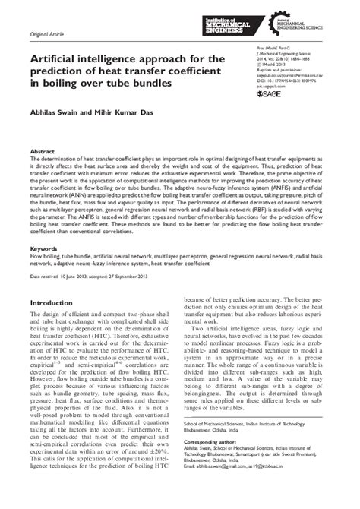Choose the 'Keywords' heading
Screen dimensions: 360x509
click(x=44, y=248)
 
